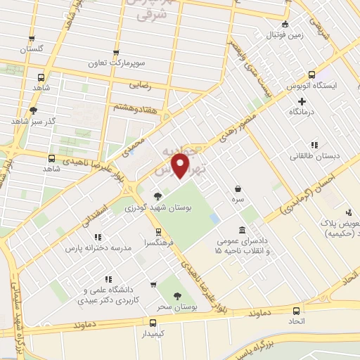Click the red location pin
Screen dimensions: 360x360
pos(181,167)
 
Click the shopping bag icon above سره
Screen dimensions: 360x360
pos(239,188)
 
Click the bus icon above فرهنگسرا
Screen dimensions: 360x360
pos(159,230)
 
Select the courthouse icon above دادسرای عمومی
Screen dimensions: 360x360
pos(243,230)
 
